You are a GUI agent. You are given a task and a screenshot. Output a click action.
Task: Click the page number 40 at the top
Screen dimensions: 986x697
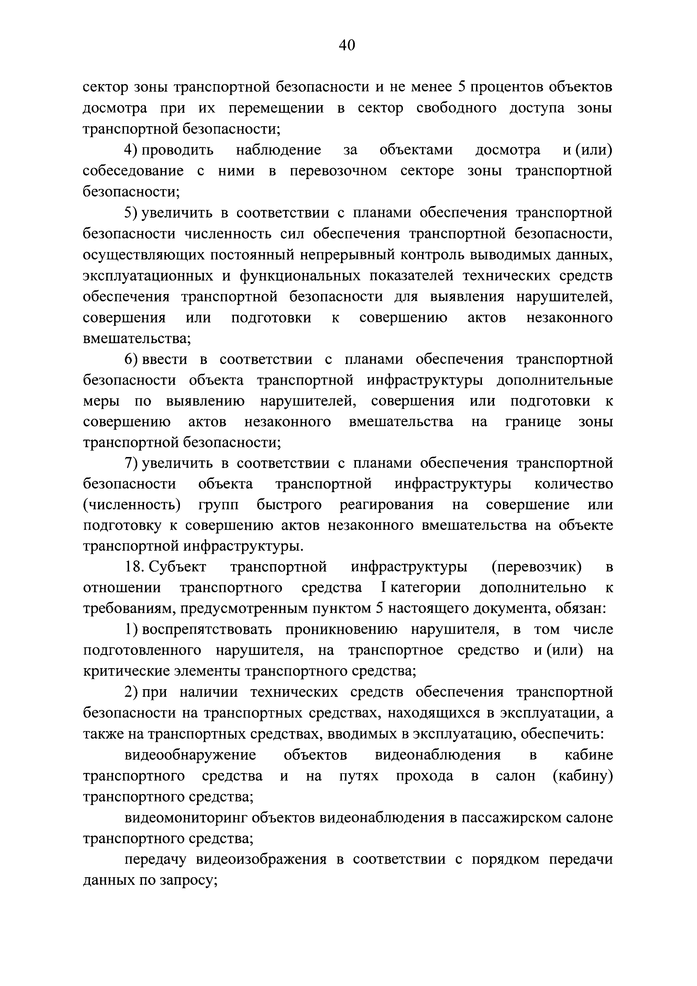pos(347,45)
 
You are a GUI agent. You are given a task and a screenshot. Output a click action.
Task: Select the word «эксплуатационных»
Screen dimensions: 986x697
pos(148,276)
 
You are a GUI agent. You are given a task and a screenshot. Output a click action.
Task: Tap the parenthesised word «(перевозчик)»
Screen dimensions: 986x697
pos(536,567)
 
